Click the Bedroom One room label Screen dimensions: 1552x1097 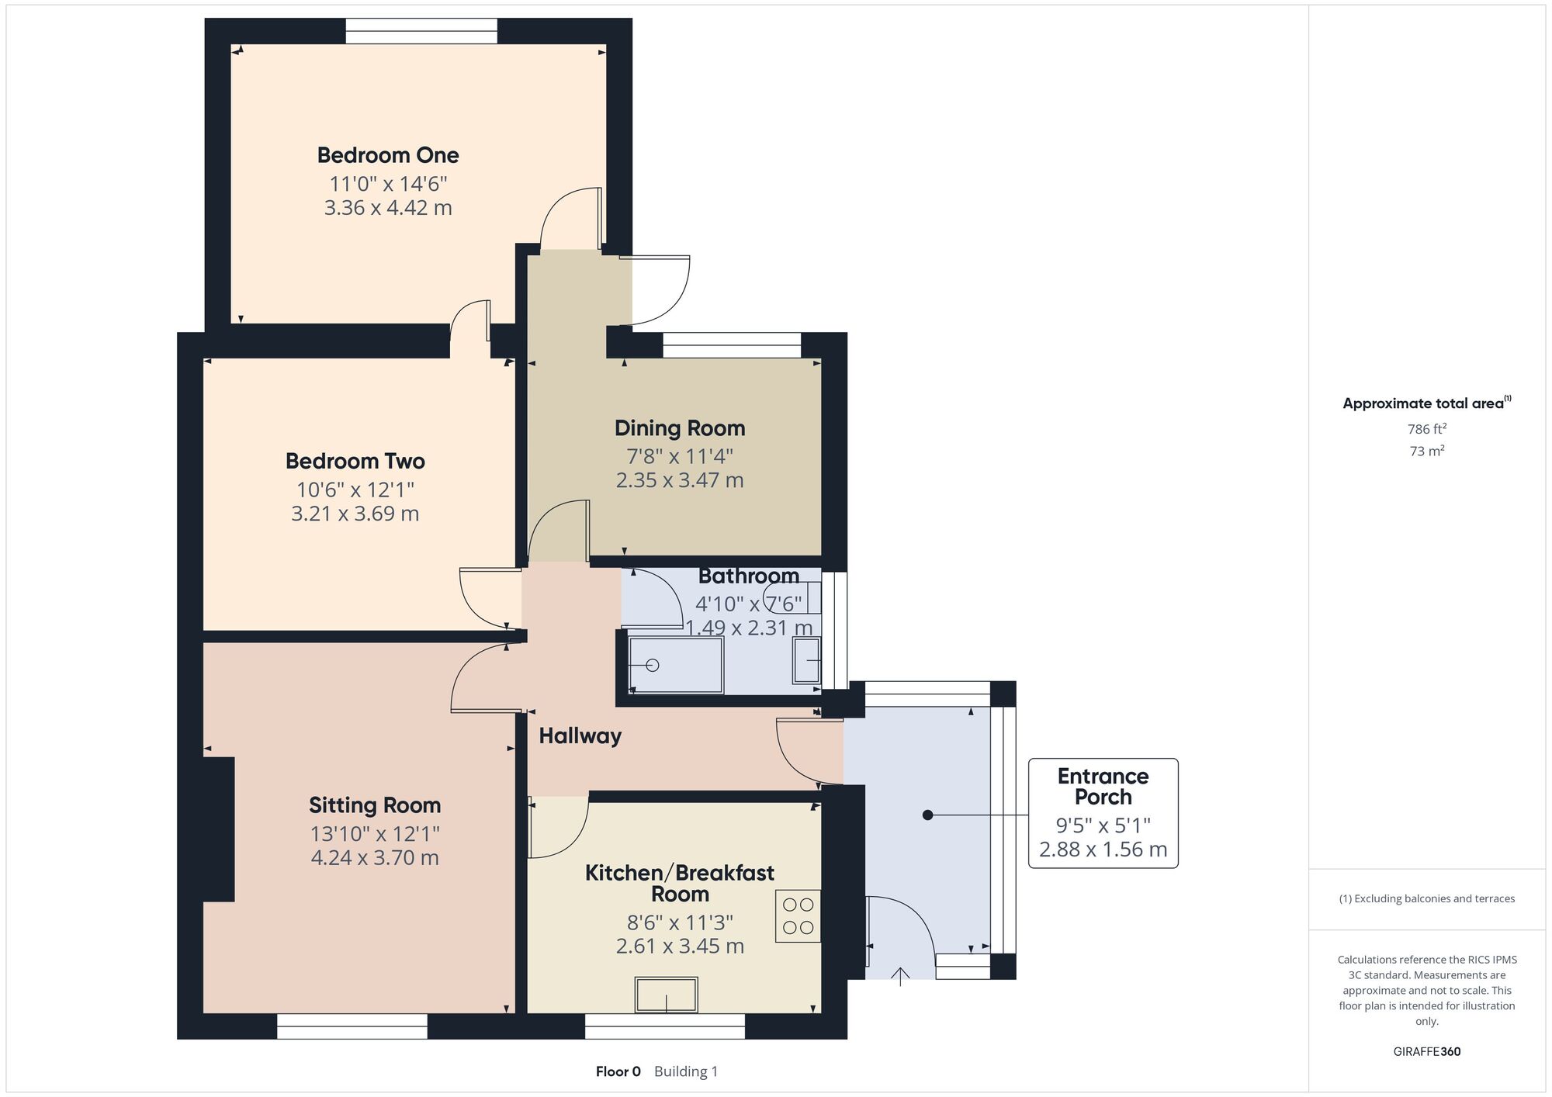click(x=388, y=155)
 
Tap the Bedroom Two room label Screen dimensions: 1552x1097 click(x=355, y=461)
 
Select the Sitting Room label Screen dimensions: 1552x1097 click(x=375, y=805)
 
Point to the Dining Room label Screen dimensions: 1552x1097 click(x=680, y=428)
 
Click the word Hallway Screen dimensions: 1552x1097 click(x=580, y=736)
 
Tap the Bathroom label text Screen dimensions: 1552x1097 click(x=749, y=576)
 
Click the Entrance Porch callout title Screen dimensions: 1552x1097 click(x=1103, y=787)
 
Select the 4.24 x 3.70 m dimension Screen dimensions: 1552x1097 click(x=375, y=857)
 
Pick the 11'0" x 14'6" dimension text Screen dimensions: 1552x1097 click(x=388, y=184)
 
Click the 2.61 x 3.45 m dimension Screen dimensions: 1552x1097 click(x=680, y=946)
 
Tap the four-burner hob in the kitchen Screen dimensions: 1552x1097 click(x=798, y=915)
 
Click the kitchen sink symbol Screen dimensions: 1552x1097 click(x=666, y=995)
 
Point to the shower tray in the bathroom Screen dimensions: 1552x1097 click(x=676, y=665)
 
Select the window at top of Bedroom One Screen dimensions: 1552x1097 click(x=421, y=31)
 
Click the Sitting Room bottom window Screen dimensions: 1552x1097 click(x=352, y=1026)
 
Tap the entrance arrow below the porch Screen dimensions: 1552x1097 click(x=900, y=976)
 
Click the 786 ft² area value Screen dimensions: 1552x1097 click(x=1426, y=428)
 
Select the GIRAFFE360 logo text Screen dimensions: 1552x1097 click(x=1427, y=1051)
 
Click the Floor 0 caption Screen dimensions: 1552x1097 click(x=618, y=1071)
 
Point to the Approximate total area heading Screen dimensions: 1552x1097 click(x=1426, y=403)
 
